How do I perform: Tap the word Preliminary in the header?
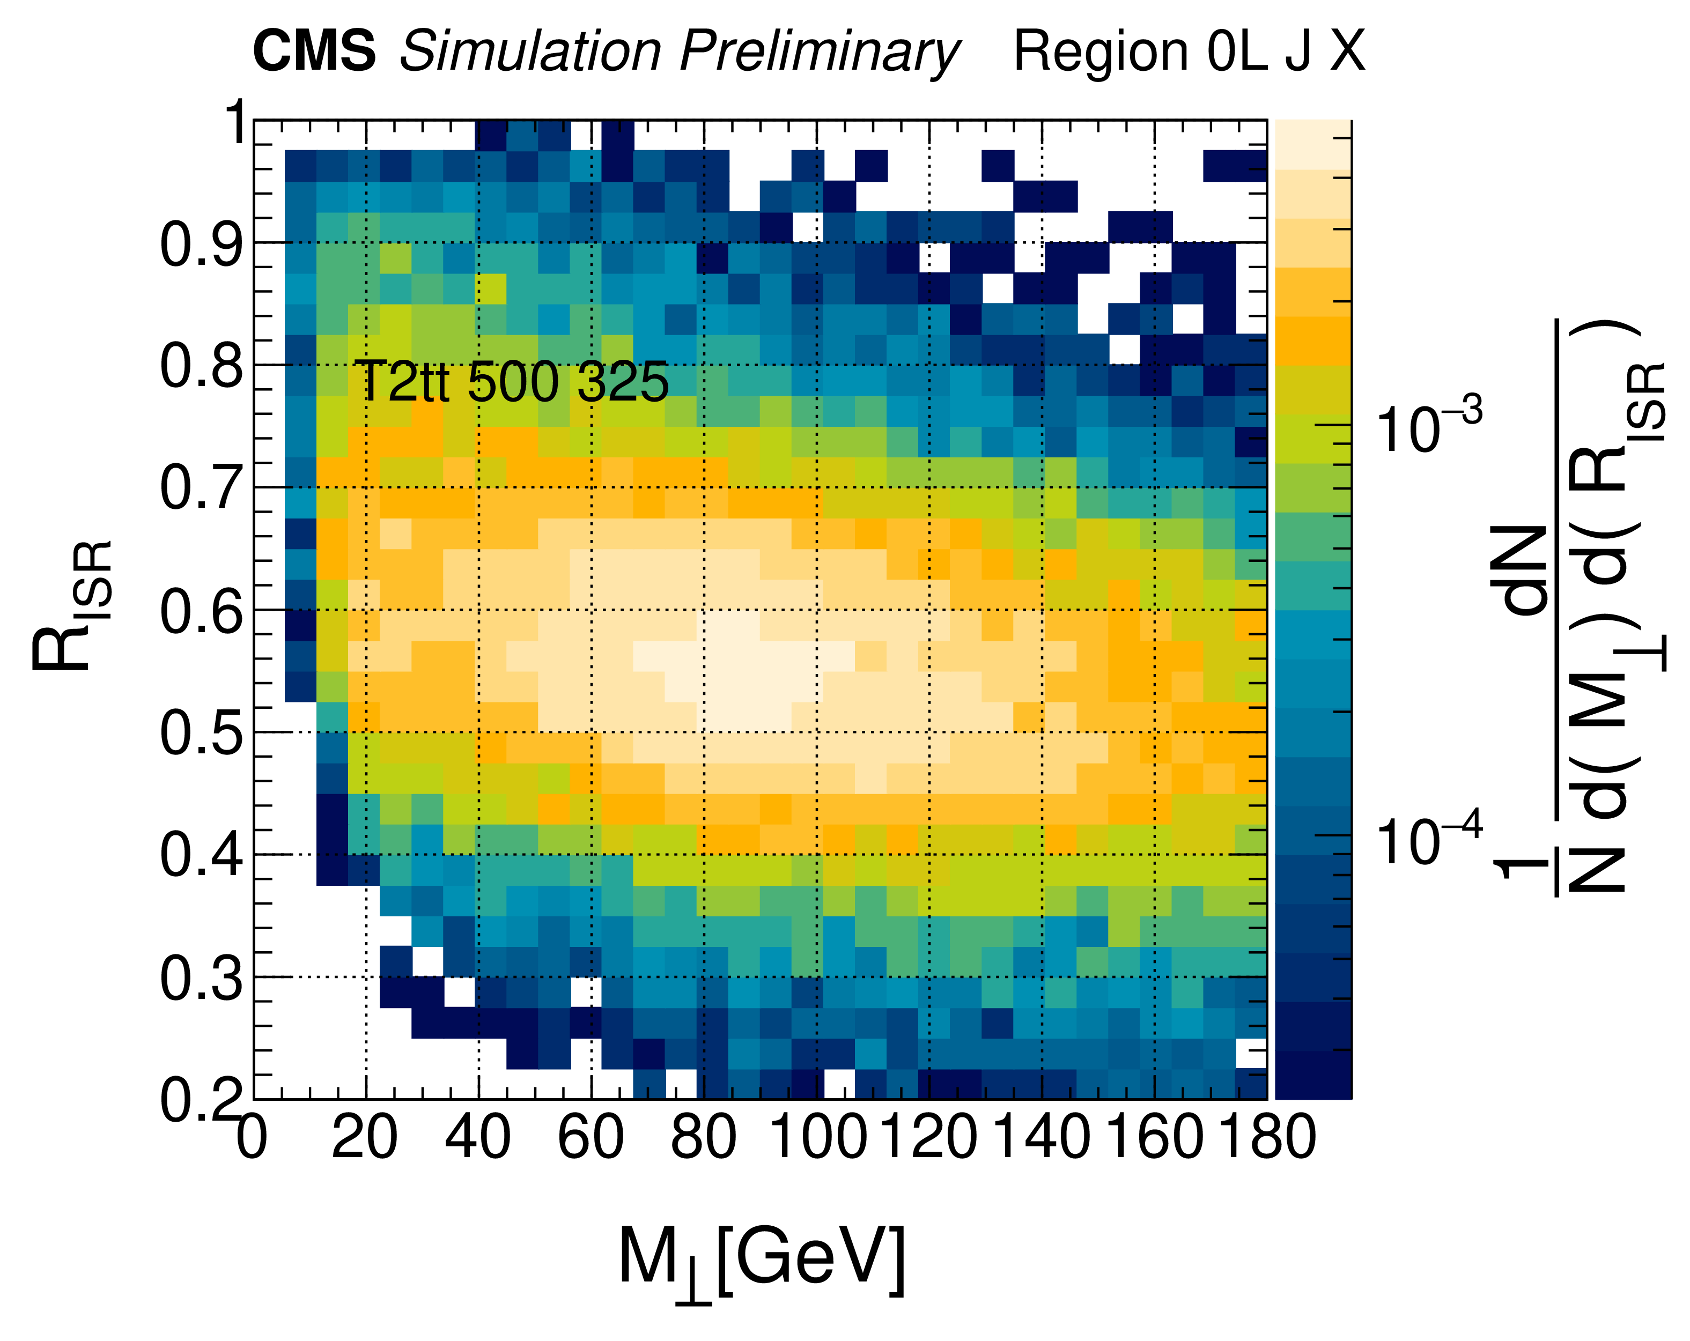click(819, 53)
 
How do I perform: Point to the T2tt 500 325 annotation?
click(511, 382)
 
